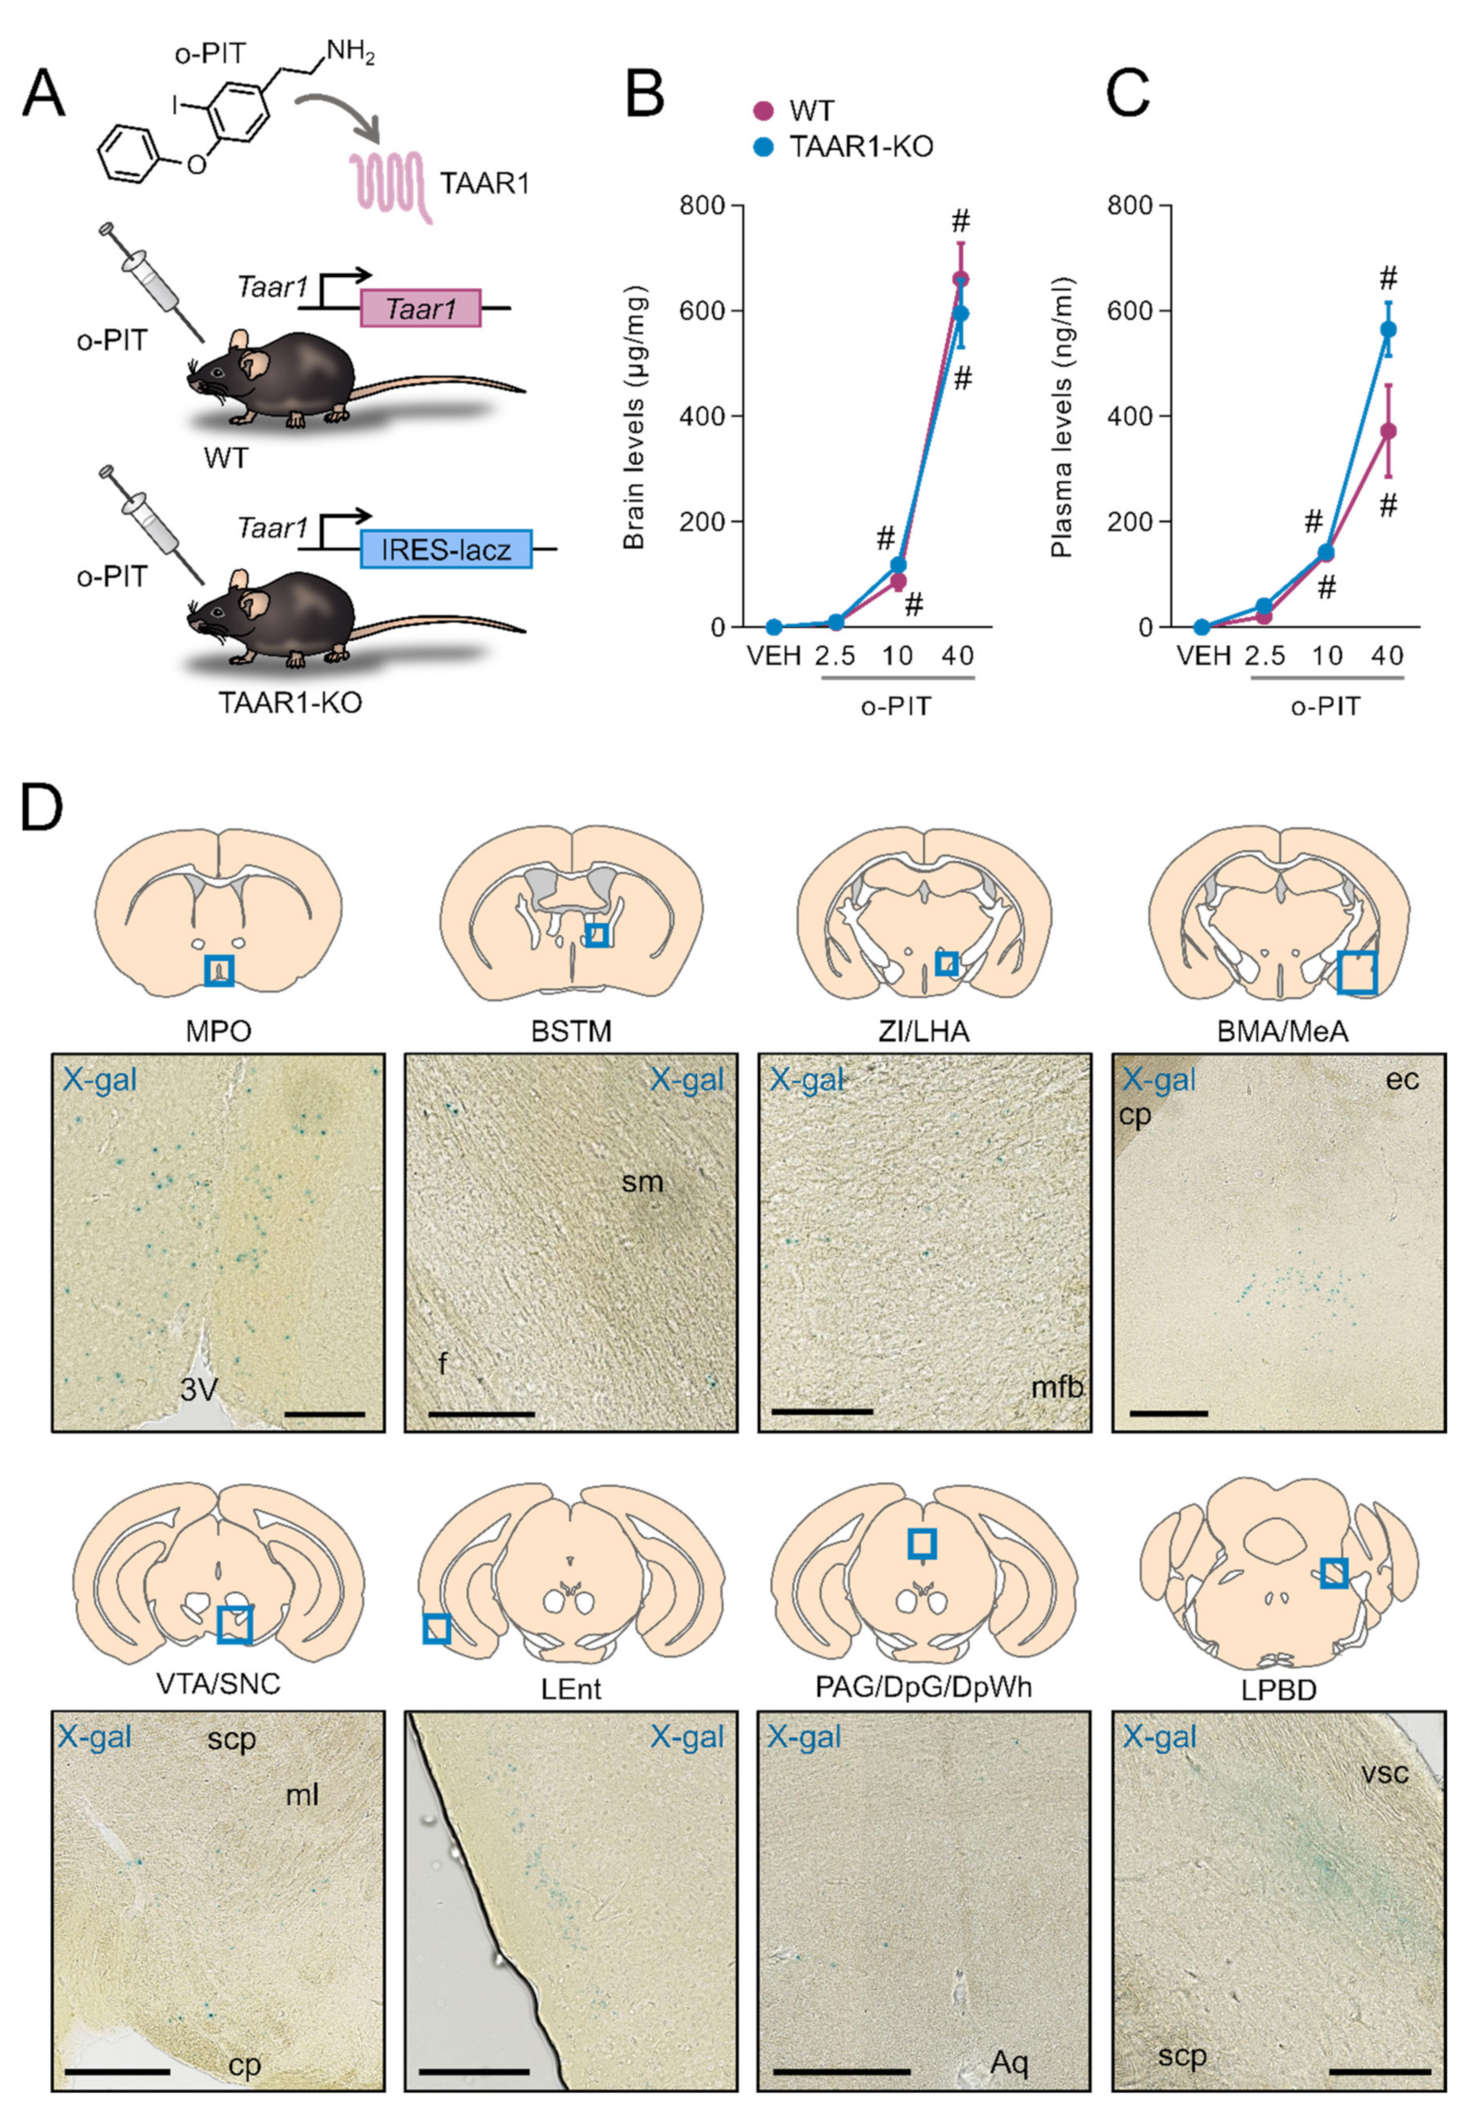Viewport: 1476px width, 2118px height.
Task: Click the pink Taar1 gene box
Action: [x=420, y=307]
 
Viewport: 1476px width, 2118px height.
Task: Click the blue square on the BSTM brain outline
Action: [x=597, y=935]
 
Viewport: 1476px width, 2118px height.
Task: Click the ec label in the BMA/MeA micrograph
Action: [x=1402, y=1079]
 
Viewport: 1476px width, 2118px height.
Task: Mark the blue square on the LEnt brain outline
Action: [x=437, y=1629]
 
